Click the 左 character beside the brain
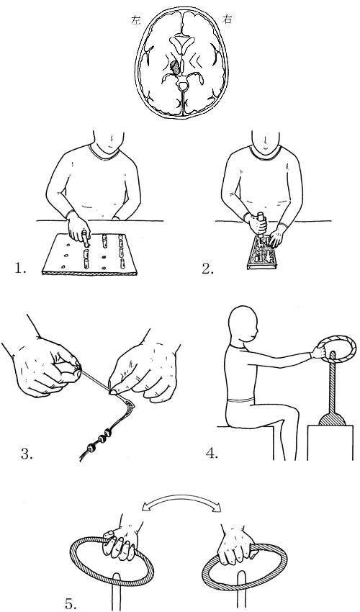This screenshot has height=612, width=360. (x=135, y=21)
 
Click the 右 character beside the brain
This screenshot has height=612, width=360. (x=227, y=19)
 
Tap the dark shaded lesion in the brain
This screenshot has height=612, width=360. (x=176, y=67)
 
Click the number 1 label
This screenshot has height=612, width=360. (x=20, y=268)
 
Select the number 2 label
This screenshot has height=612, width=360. (x=208, y=269)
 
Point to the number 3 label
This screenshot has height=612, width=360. (x=27, y=454)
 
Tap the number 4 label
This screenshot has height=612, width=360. (x=212, y=454)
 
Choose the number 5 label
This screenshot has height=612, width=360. (x=71, y=604)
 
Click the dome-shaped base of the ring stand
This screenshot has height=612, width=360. (x=332, y=419)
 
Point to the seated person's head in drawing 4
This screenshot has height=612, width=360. (x=243, y=325)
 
